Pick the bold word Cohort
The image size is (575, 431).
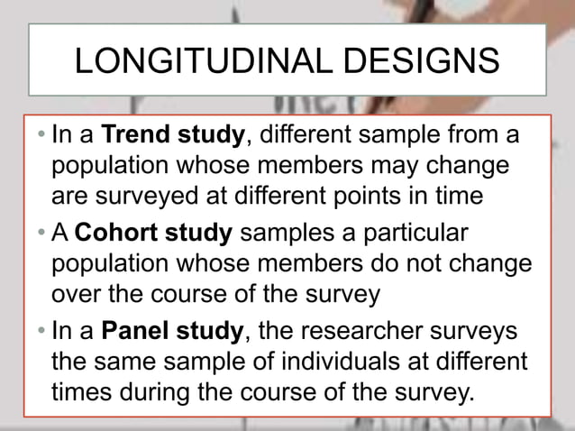click(x=110, y=235)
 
